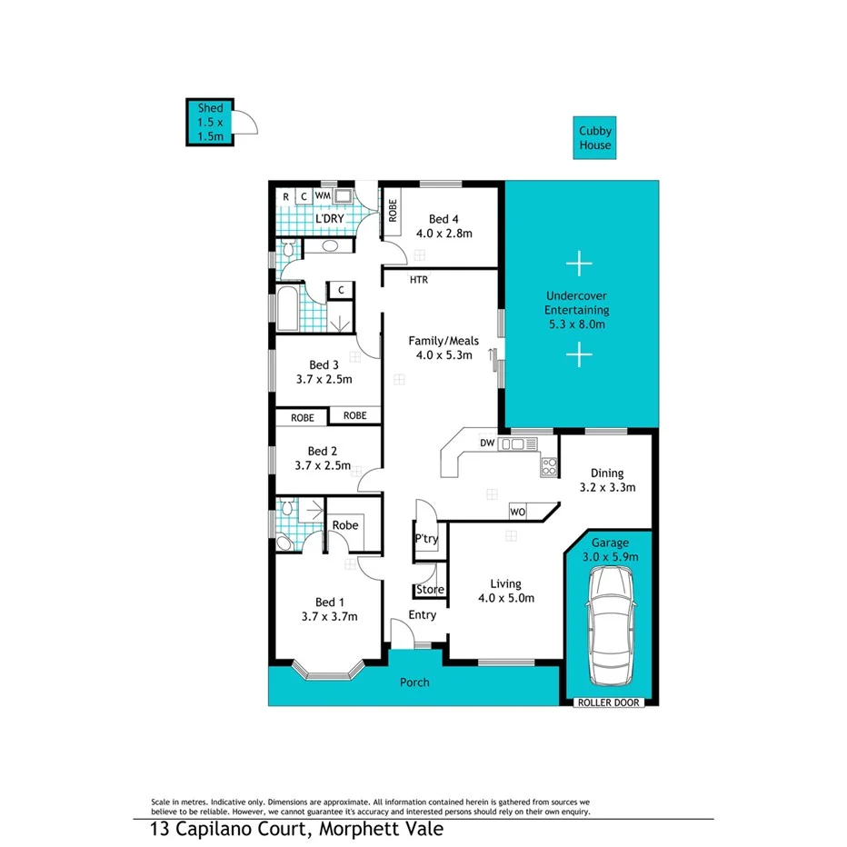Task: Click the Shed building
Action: click(x=211, y=122)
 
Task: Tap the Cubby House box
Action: click(x=595, y=138)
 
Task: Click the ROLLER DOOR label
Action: click(x=609, y=703)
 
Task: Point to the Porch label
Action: click(x=414, y=682)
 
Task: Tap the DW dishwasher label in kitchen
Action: click(x=486, y=443)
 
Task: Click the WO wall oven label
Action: click(x=516, y=513)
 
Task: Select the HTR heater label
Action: click(x=418, y=280)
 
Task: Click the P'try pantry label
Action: click(x=426, y=539)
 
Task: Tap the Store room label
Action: click(x=430, y=590)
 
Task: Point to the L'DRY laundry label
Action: click(x=328, y=219)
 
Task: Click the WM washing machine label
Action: click(x=323, y=195)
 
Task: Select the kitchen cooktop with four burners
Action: click(x=549, y=467)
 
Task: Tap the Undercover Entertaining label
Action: click(x=576, y=309)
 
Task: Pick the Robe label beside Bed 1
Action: click(x=344, y=525)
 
